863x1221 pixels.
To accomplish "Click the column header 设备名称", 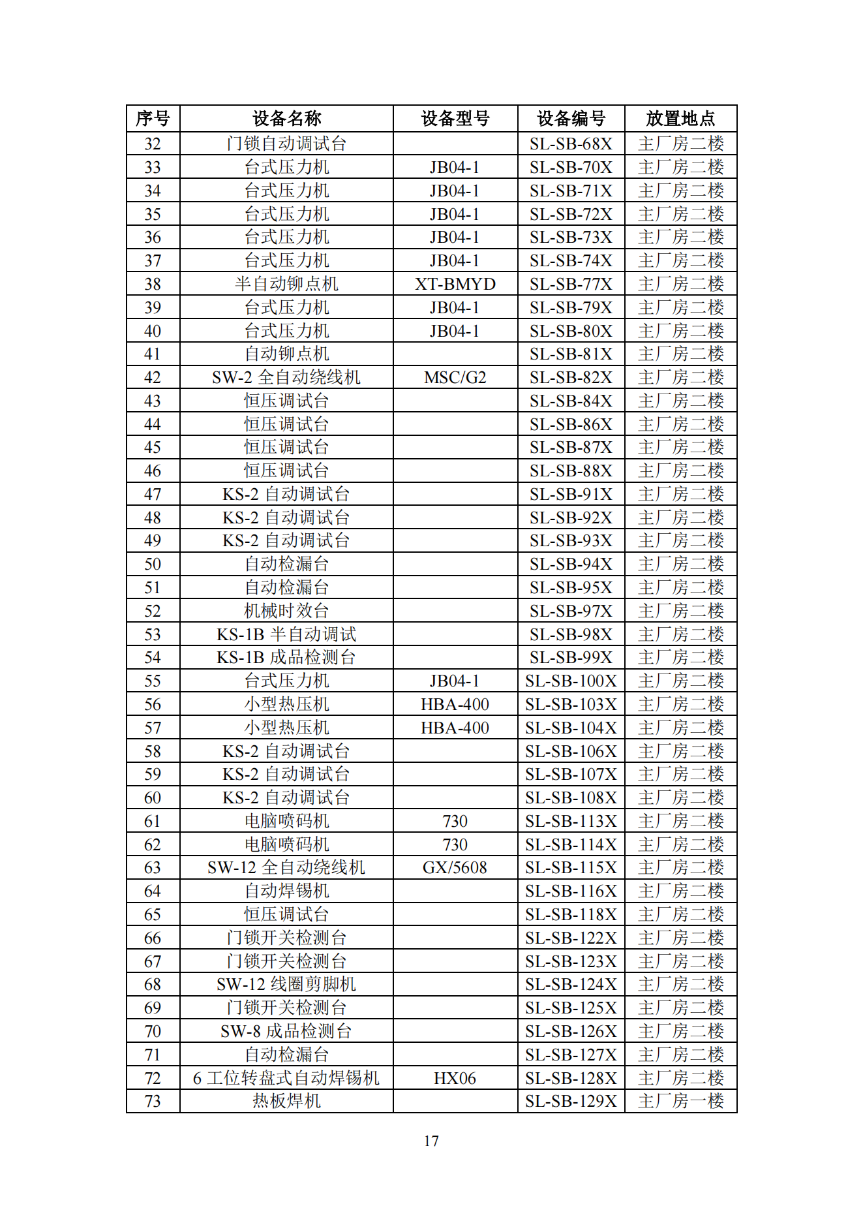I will [x=286, y=118].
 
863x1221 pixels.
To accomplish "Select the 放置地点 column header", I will [x=680, y=118].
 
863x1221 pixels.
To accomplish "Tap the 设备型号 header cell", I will [x=455, y=118].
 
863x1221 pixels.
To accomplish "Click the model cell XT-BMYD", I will [x=455, y=284].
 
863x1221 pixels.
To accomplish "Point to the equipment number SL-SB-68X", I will [x=571, y=144].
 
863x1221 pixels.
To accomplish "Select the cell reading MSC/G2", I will [x=455, y=377].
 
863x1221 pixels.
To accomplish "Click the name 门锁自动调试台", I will [x=286, y=144].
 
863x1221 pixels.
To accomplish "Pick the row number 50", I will [x=153, y=564].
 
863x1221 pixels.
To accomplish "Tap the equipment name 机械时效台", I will [x=286, y=611].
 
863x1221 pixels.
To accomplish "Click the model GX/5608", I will [x=455, y=867].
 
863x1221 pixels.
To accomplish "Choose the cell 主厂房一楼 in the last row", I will [x=680, y=1101].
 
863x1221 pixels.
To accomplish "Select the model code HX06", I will [x=455, y=1078].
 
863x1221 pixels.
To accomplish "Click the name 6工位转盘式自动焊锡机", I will [x=286, y=1078].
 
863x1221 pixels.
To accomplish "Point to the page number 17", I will [x=431, y=1141].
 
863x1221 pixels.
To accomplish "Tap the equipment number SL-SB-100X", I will [x=571, y=681].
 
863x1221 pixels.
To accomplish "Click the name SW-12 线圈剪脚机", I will [x=286, y=984].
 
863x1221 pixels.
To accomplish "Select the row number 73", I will [x=153, y=1101].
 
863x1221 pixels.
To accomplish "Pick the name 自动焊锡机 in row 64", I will [x=286, y=891].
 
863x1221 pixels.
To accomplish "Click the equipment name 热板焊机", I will [x=286, y=1101].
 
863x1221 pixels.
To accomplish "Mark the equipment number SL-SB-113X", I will [x=571, y=821].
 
